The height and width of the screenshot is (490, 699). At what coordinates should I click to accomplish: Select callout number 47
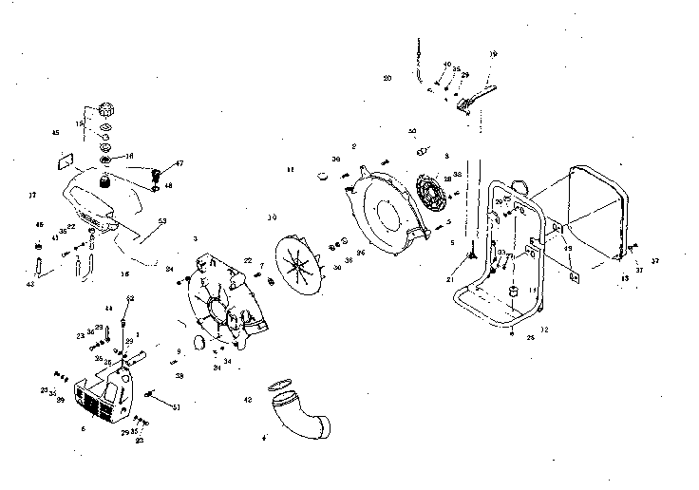click(179, 164)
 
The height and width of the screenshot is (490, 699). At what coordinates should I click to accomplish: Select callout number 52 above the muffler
click(130, 298)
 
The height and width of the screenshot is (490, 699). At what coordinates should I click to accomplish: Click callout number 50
click(412, 131)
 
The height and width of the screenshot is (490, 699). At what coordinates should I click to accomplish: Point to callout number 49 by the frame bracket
click(568, 249)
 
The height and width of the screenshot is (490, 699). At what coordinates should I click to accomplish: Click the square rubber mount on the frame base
click(511, 290)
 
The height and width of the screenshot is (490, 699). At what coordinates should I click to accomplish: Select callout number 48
click(169, 186)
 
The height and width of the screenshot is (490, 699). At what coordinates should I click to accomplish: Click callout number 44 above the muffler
click(108, 310)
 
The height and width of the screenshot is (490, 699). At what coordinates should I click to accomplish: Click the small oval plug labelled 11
click(325, 175)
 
